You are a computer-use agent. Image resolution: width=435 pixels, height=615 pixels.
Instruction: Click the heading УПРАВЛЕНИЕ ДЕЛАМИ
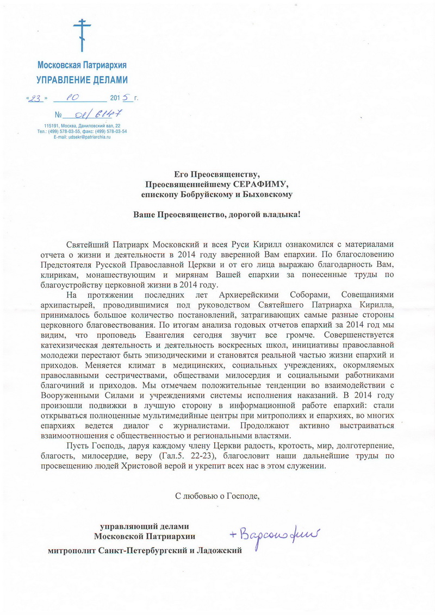coord(82,79)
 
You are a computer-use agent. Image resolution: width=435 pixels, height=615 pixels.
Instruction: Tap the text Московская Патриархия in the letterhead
coord(82,65)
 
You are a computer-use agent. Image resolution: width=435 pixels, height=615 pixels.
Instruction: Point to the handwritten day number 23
coord(36,98)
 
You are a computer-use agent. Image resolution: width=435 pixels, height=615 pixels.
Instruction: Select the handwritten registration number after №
coord(93,114)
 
